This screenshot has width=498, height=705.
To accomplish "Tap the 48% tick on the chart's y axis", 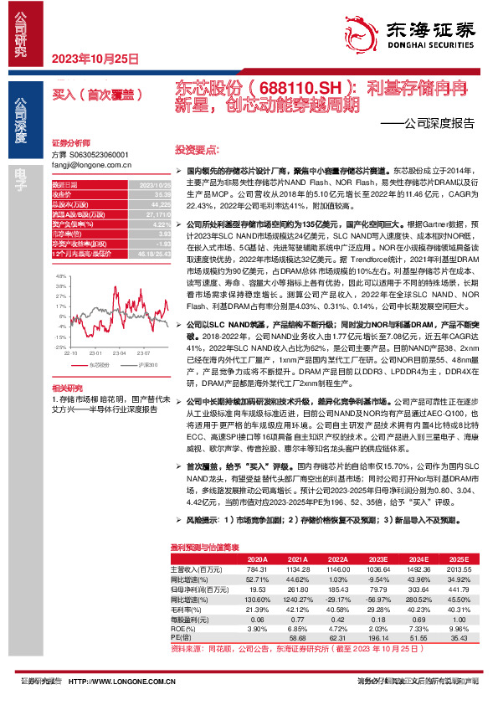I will tap(60, 275).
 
